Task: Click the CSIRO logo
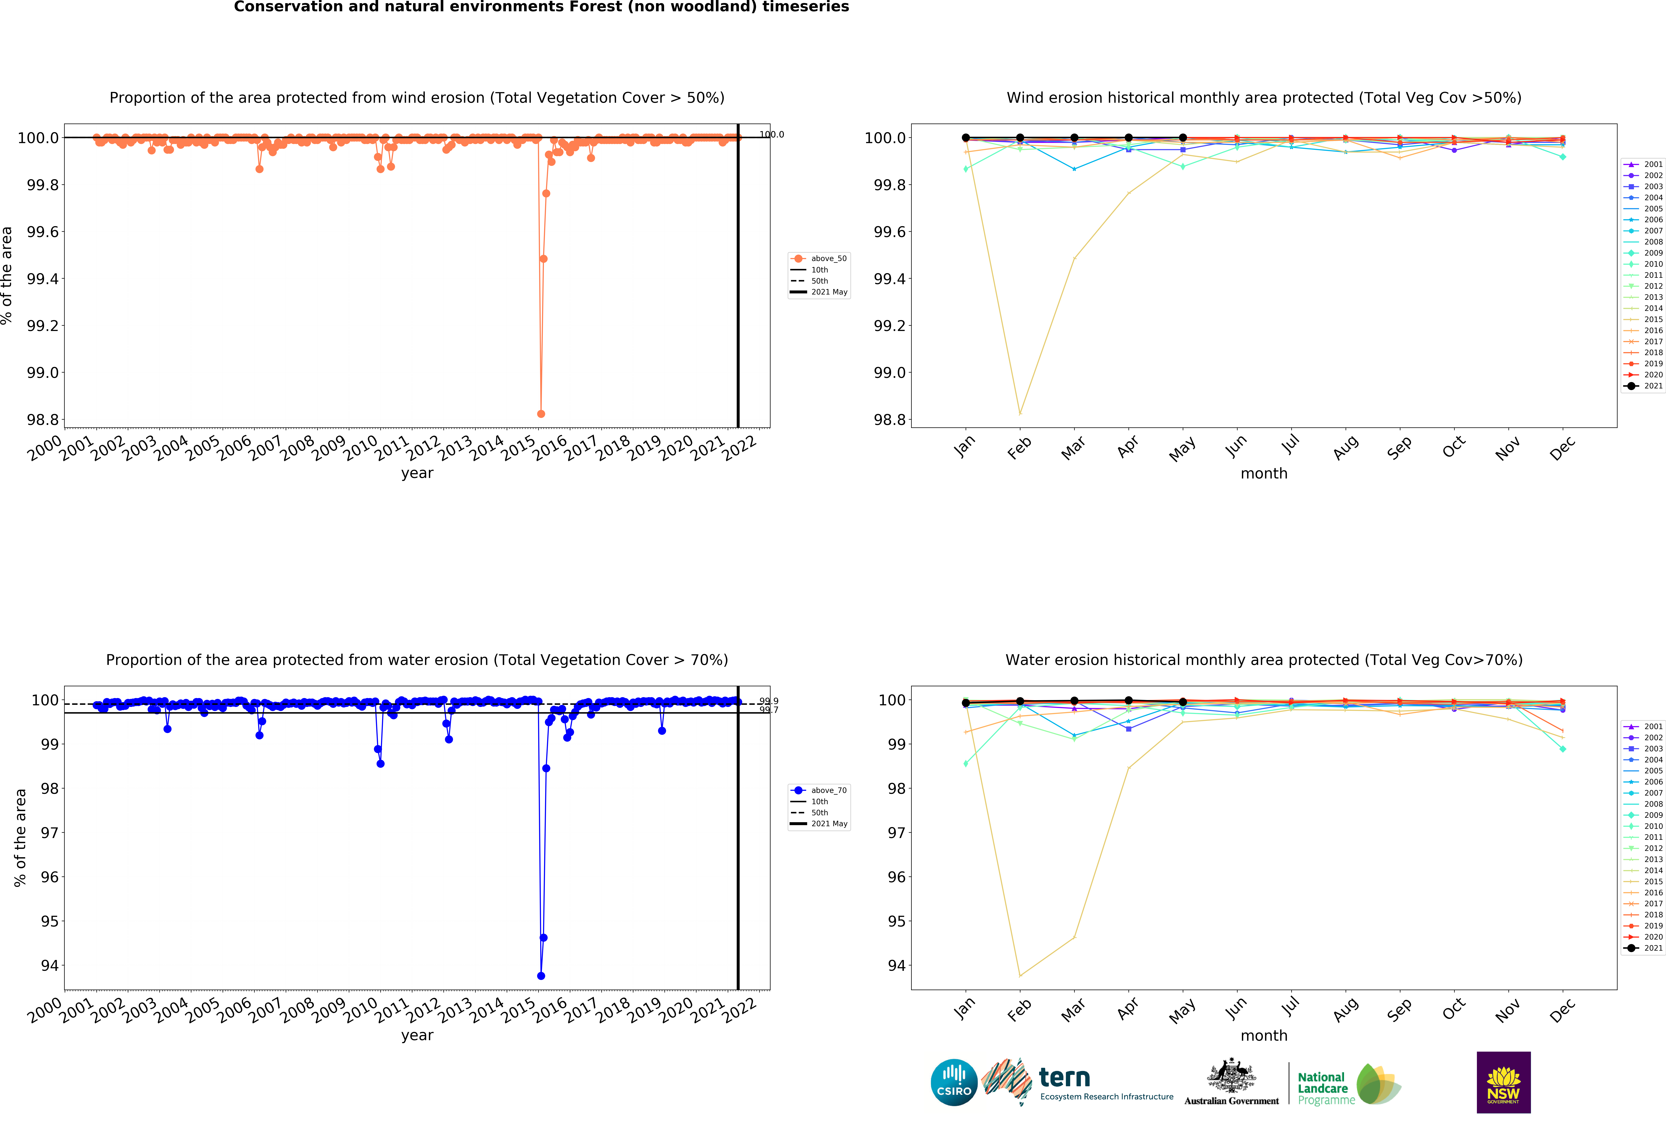(953, 1082)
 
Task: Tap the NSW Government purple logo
(1503, 1082)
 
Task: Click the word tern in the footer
(1064, 1077)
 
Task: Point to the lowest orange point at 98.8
(541, 414)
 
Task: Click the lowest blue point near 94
(541, 975)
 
